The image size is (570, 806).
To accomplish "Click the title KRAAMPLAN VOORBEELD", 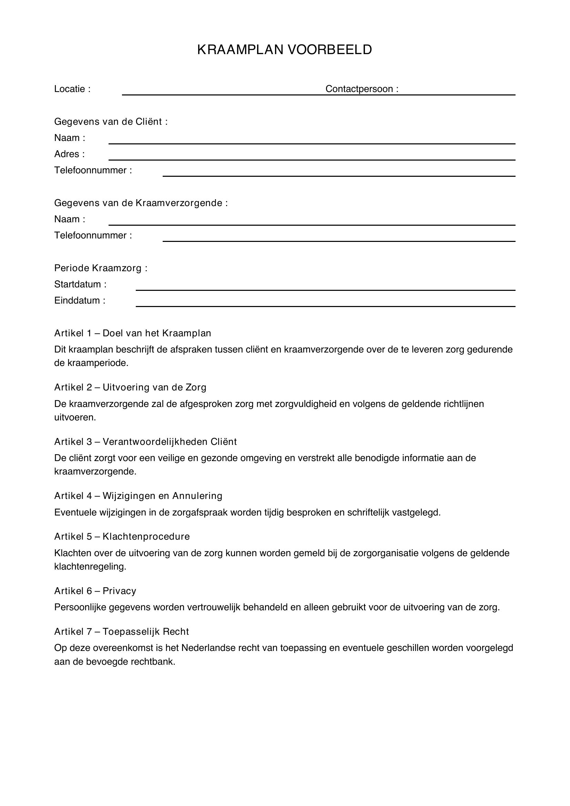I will [284, 50].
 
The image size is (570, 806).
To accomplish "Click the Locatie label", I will [72, 89].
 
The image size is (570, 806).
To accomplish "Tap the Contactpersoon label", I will [362, 89].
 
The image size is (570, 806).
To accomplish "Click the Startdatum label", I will [80, 284].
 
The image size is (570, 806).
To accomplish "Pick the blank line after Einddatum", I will [325, 306].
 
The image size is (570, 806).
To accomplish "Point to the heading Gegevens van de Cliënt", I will [111, 122].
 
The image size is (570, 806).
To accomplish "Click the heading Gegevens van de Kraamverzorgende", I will [141, 203].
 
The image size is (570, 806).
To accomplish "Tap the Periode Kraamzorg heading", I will [101, 268].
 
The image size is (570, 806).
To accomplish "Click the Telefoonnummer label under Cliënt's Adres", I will [93, 170].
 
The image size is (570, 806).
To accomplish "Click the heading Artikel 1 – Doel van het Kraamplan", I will [132, 333].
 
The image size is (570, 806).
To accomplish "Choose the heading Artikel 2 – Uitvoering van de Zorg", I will [130, 387].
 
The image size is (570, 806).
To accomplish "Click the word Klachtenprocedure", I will [146, 537].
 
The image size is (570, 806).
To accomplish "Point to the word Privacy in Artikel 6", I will [119, 591].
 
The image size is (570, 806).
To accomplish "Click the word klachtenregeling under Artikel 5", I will [90, 567].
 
